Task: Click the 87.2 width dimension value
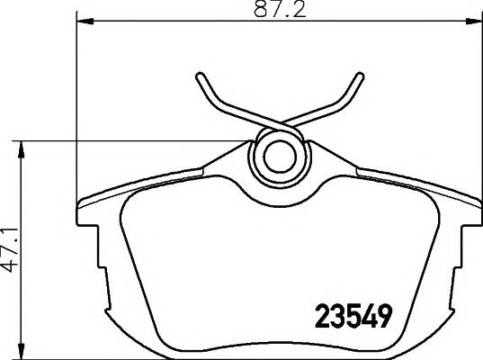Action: click(x=280, y=10)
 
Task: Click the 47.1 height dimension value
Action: click(x=9, y=250)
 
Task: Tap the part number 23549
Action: click(x=353, y=316)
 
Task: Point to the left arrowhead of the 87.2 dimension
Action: click(x=85, y=21)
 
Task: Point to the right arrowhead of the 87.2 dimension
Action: click(x=474, y=21)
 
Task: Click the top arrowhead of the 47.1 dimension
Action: click(x=21, y=149)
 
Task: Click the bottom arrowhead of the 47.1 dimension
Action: click(x=21, y=351)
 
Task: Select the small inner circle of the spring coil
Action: click(x=280, y=157)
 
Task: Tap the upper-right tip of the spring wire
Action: click(x=360, y=76)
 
